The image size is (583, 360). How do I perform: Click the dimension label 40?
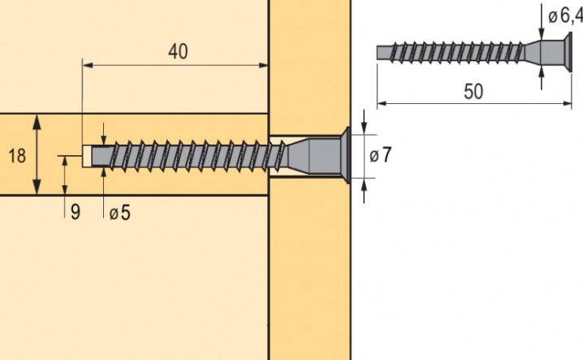(178, 51)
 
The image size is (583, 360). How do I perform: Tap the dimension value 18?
(17, 155)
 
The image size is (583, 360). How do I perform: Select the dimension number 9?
(75, 212)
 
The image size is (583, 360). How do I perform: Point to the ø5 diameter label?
(119, 214)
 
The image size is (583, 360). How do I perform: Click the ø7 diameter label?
(380, 155)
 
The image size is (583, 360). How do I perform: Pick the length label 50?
(473, 92)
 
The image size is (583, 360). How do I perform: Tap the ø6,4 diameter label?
(565, 16)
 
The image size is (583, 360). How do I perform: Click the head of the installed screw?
(348, 155)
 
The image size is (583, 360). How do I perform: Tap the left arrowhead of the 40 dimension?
(88, 66)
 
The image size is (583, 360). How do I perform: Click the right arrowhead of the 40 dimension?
(263, 66)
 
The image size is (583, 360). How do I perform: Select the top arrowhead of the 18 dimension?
(37, 122)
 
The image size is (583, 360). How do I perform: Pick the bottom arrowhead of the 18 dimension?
(37, 187)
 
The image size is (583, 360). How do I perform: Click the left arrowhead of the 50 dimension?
(382, 103)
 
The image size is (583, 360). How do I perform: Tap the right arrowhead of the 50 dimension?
(566, 103)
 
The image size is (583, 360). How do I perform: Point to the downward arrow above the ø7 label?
(364, 122)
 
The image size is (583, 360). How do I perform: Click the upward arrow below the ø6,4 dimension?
(542, 78)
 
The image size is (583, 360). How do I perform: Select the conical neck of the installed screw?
(298, 155)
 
